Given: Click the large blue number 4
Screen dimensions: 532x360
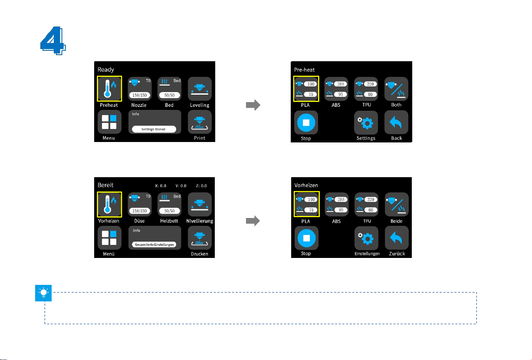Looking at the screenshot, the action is [53, 40].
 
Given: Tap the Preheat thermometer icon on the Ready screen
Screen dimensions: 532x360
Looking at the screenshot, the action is [109, 89].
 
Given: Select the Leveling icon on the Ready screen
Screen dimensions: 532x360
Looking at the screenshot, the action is [200, 89].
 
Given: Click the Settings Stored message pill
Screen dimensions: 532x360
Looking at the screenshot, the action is [154, 129].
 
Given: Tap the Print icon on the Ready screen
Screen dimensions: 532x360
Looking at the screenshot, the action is [200, 122].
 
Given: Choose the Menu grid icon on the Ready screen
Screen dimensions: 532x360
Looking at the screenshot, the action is [109, 122].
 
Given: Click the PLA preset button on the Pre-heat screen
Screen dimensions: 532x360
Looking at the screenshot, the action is [306, 89].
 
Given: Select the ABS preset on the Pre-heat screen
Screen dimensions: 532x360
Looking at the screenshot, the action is [336, 89].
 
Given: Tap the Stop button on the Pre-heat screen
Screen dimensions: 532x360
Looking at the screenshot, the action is [306, 122].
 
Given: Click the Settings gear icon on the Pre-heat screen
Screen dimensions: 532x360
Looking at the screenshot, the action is [366, 122].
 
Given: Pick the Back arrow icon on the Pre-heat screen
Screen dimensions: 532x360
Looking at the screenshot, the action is [396, 122].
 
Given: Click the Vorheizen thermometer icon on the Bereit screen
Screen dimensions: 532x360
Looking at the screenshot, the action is [109, 205].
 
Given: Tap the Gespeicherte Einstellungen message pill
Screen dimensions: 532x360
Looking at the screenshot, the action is [154, 244].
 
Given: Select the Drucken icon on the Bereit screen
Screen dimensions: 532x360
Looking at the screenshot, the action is [200, 238].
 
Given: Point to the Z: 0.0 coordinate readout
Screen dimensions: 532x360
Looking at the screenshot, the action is [201, 185].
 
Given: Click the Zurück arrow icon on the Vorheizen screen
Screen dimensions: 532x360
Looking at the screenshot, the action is [397, 238].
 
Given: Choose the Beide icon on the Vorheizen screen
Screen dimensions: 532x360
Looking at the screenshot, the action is [397, 205].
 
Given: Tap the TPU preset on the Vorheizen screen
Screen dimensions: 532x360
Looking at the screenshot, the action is [367, 205].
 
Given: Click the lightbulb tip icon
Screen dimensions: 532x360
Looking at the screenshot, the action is [43, 293].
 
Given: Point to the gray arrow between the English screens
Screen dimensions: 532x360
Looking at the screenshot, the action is [253, 105].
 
